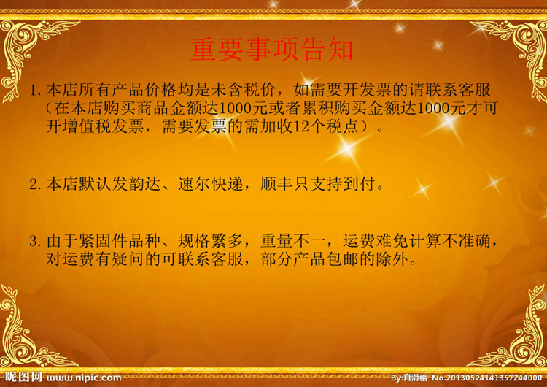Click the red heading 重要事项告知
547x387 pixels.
[x=273, y=50]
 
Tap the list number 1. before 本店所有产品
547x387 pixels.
[x=35, y=91]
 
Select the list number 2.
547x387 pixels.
[x=35, y=184]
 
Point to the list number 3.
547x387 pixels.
[x=35, y=241]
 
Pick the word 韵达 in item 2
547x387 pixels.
[x=145, y=184]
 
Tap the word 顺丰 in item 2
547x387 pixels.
[x=276, y=184]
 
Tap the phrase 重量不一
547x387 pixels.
[x=293, y=241]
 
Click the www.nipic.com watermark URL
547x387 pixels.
[x=84, y=378]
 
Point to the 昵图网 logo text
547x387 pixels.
[x=23, y=378]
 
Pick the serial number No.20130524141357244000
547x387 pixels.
[x=487, y=378]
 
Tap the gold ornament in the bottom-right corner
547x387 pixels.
[x=516, y=332]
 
